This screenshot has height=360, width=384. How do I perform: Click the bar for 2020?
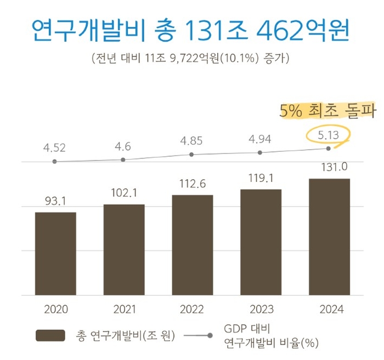(x=55, y=253)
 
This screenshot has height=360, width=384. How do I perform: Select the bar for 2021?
(x=124, y=249)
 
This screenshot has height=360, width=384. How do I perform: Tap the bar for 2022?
(x=193, y=245)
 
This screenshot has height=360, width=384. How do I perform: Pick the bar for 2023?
(x=261, y=242)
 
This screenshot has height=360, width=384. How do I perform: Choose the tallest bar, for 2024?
(x=329, y=237)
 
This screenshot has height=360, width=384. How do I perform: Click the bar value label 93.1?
(x=55, y=202)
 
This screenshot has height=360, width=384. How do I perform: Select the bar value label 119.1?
(x=261, y=178)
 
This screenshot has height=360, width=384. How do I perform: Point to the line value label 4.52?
(x=55, y=147)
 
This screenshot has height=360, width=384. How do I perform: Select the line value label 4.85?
(x=193, y=140)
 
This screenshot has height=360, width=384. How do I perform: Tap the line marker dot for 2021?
(x=123, y=159)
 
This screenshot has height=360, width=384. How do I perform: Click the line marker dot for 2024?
(x=329, y=148)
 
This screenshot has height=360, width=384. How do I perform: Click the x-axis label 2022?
(x=193, y=310)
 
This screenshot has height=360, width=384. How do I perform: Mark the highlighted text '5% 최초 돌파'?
(x=327, y=111)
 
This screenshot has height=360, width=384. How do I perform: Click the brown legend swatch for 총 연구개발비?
(x=50, y=335)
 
